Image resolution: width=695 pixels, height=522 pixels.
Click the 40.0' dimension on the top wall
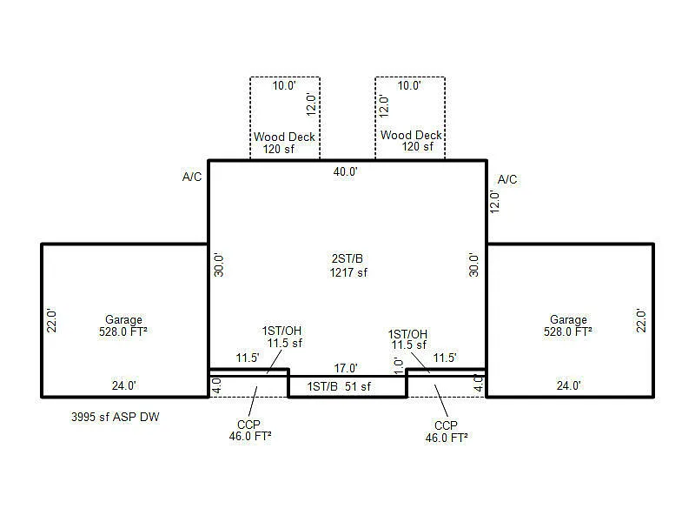346,172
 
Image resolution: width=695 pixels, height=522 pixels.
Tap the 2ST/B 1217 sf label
347,266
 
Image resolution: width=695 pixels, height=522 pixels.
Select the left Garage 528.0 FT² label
123,325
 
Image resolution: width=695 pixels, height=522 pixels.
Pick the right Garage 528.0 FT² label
568,325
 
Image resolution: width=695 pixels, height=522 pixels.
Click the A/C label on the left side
192,177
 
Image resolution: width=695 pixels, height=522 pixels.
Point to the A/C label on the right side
507,180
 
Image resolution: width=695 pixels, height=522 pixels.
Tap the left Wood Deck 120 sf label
284,143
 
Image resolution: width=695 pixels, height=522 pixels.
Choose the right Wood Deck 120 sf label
411,141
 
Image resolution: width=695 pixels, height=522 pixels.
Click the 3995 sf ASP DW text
116,418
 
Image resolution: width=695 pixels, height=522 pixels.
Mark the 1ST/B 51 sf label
340,386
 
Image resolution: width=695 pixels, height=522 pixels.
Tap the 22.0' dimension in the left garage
51,320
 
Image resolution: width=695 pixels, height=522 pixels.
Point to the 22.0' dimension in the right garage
642,320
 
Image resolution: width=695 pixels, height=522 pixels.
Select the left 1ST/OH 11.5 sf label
283,337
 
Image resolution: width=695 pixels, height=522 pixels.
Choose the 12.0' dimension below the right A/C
494,201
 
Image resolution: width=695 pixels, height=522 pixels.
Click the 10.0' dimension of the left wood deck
285,86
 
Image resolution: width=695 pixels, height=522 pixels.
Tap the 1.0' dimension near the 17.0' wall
398,366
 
